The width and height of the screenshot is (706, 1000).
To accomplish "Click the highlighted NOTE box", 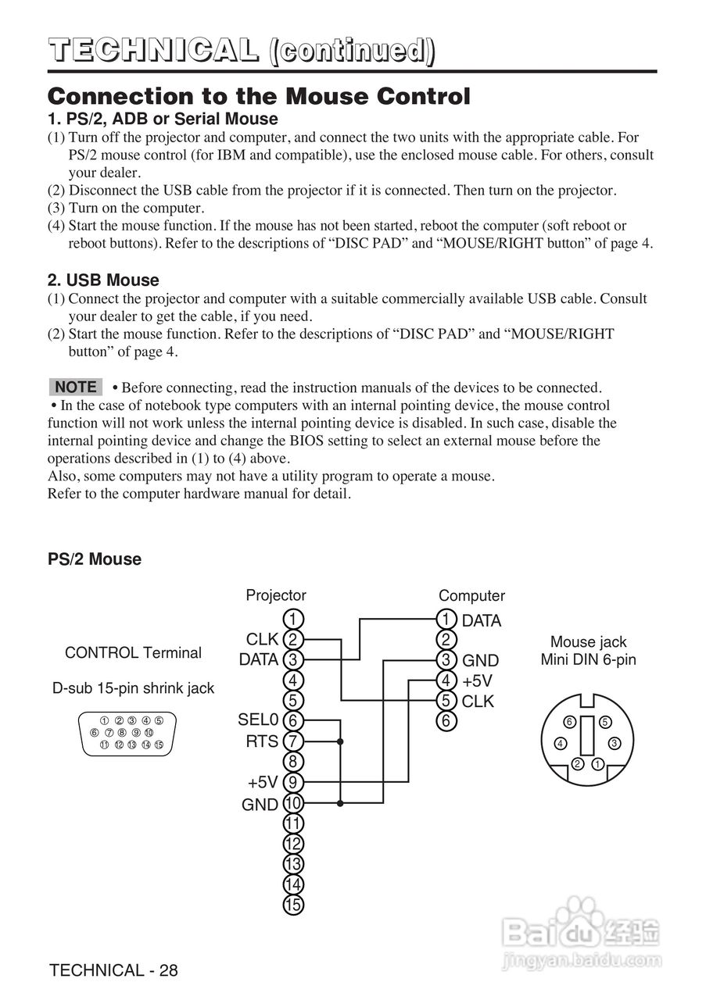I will click(x=76, y=387).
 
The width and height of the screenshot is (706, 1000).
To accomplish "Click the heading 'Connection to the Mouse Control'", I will click(x=259, y=96).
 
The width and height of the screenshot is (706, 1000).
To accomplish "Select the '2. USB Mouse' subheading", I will click(x=103, y=280).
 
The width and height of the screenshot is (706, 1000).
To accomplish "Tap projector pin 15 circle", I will click(x=292, y=905).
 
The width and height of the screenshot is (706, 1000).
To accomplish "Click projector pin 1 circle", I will click(x=292, y=620).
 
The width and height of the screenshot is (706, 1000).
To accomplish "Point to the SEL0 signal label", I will click(x=258, y=720).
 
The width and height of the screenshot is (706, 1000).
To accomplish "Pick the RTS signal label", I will click(x=262, y=741).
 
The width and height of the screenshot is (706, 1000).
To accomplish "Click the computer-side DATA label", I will click(x=482, y=621).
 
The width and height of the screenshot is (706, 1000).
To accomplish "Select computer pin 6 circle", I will click(x=446, y=721).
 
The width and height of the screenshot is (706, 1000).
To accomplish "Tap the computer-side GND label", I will click(x=480, y=661).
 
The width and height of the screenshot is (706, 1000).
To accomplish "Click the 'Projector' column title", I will click(x=276, y=595).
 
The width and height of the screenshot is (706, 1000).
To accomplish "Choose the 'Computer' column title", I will click(x=471, y=595).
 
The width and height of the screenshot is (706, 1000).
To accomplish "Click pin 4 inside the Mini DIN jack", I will click(x=561, y=743).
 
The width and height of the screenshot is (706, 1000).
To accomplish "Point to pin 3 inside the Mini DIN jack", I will click(x=615, y=743).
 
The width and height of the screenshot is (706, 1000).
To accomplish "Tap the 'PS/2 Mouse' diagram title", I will click(x=95, y=559).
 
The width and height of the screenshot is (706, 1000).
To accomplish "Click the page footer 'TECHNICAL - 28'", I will click(x=113, y=970).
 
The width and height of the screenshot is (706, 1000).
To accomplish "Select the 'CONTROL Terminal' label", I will click(x=133, y=652).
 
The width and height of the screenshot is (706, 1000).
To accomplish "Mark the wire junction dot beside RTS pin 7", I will click(x=340, y=741).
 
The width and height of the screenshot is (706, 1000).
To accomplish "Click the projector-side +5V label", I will click(x=263, y=782).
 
